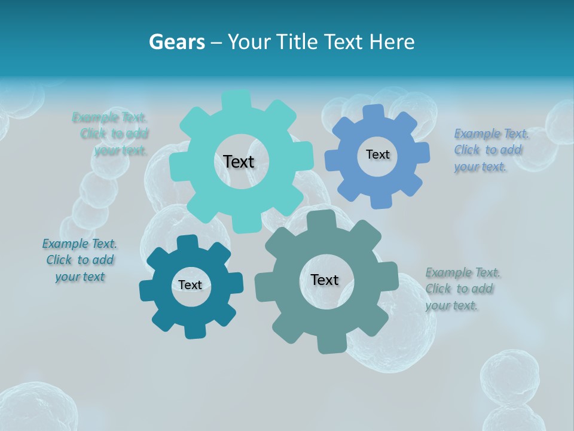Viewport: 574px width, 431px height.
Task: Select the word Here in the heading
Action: click(392, 42)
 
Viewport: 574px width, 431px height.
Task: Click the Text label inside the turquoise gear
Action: click(239, 162)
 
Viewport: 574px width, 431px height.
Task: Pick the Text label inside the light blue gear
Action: click(377, 154)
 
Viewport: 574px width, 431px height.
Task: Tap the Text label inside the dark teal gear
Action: click(190, 285)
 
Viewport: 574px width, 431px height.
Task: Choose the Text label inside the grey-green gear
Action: click(325, 280)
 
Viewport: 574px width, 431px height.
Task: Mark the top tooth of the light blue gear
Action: click(374, 112)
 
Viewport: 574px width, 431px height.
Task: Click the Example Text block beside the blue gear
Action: click(488, 150)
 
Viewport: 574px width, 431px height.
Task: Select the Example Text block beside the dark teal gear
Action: click(80, 260)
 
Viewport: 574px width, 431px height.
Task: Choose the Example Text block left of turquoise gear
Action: click(111, 133)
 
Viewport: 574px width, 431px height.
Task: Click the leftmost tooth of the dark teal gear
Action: click(146, 291)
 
